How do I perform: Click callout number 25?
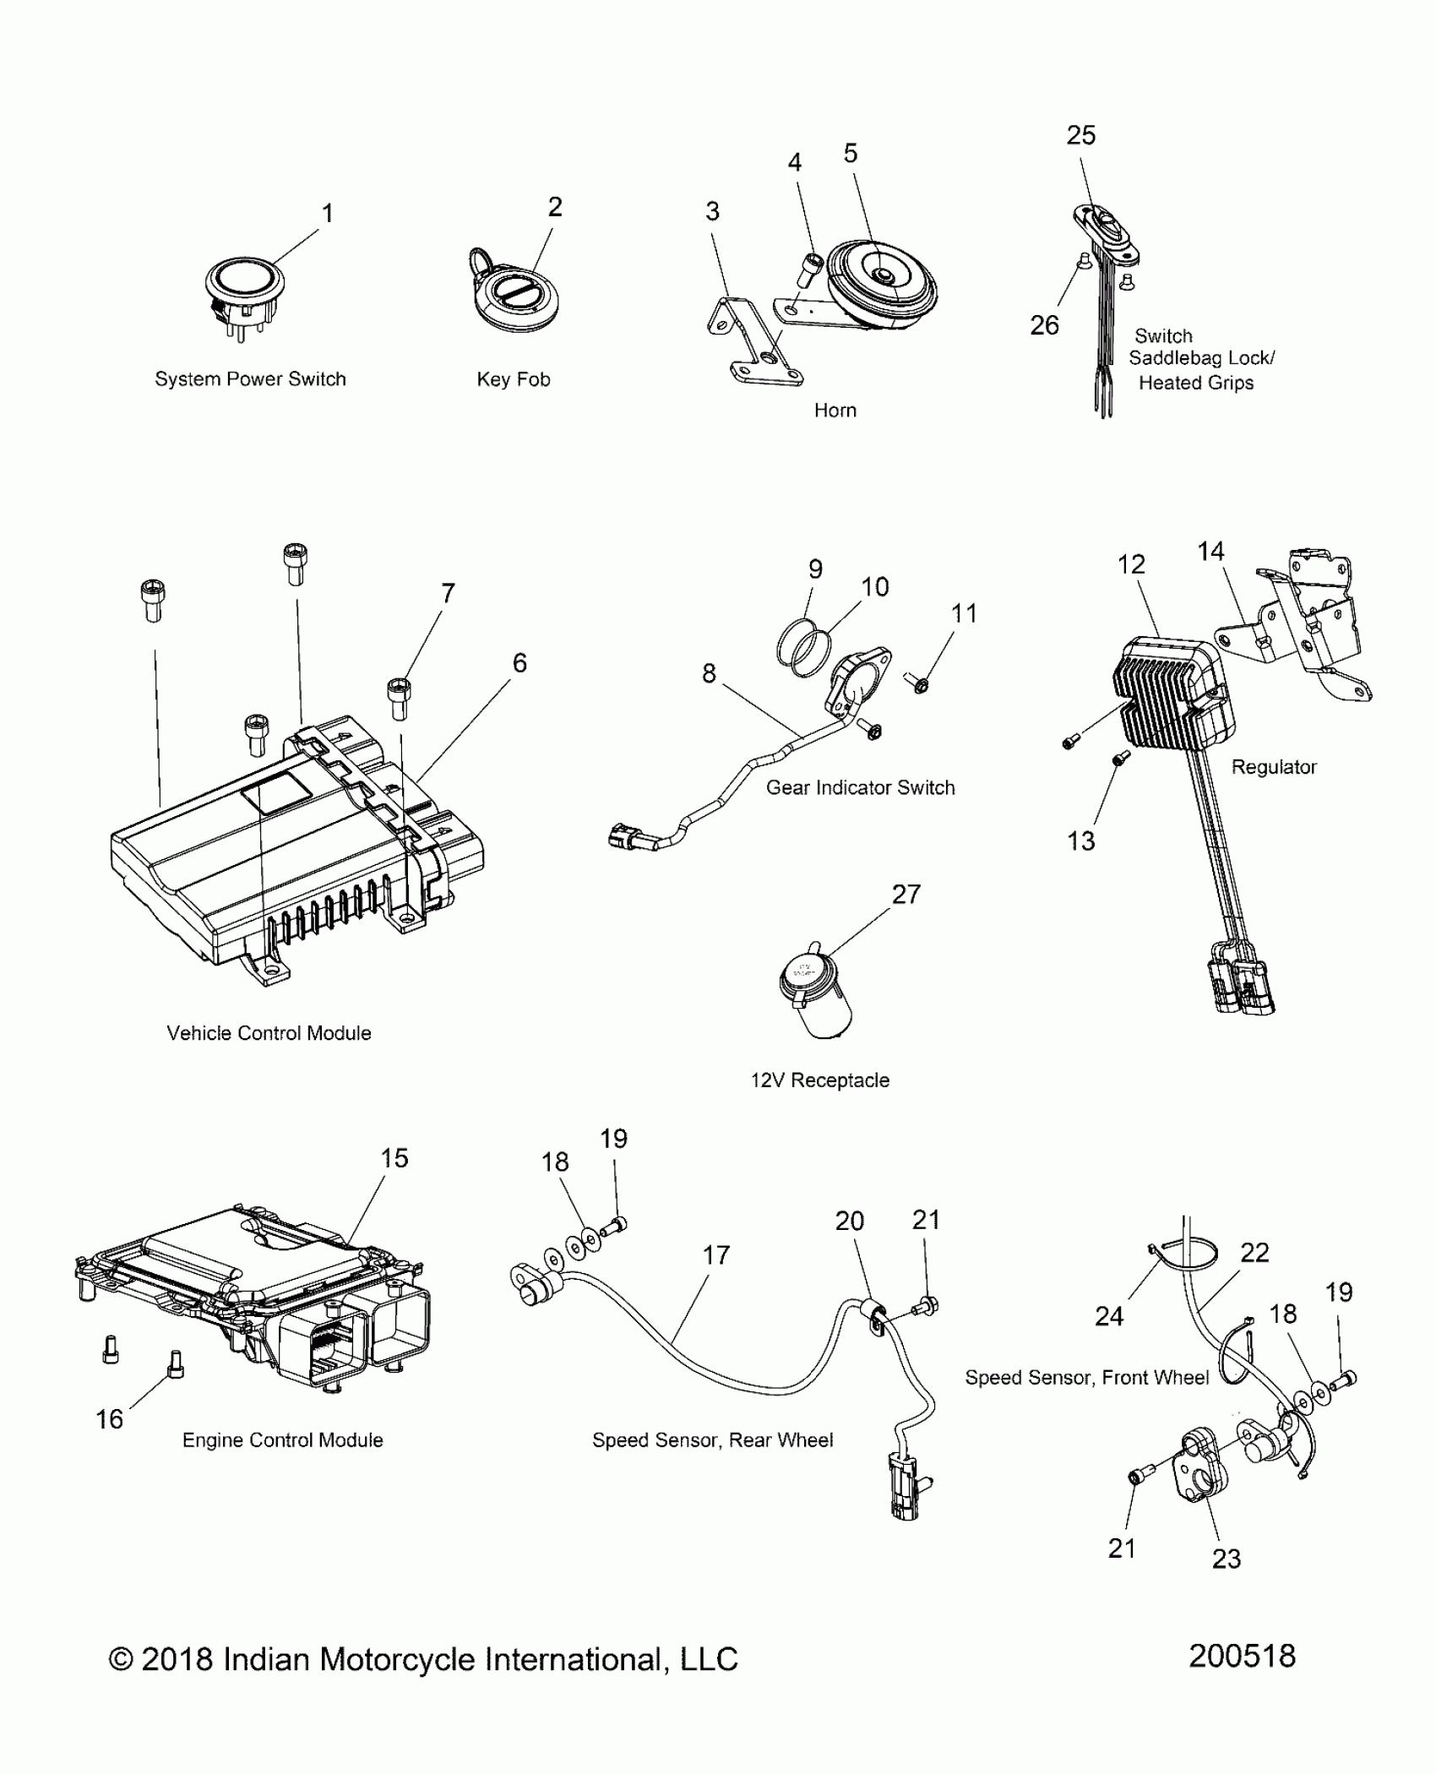click(x=1080, y=135)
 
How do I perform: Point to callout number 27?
click(x=906, y=894)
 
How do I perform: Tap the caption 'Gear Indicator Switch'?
click(x=860, y=787)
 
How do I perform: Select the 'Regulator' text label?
click(x=1273, y=767)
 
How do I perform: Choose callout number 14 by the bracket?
click(x=1210, y=552)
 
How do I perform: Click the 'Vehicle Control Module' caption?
click(x=269, y=1033)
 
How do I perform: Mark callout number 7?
click(x=448, y=593)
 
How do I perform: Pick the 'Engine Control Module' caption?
click(x=282, y=1440)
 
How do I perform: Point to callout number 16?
click(x=109, y=1419)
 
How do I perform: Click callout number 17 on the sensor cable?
click(x=715, y=1255)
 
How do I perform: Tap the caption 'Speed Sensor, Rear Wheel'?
click(x=712, y=1440)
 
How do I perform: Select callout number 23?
click(x=1226, y=1559)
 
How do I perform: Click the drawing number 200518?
click(x=1242, y=1657)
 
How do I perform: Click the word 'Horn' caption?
click(x=835, y=411)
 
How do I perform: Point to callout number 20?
click(x=849, y=1221)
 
